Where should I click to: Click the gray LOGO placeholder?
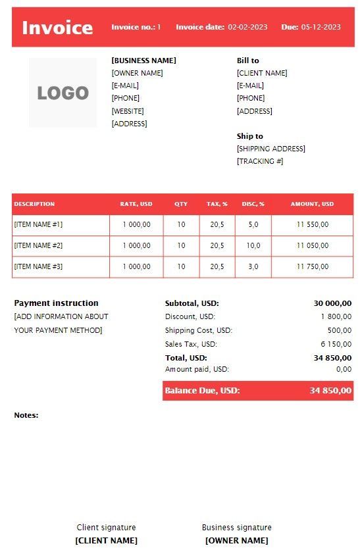tap(63, 93)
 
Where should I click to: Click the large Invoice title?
tap(57, 28)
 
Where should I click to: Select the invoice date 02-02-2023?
tap(247, 27)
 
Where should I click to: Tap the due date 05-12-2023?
tap(321, 27)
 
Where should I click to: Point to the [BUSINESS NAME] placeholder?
tap(143, 61)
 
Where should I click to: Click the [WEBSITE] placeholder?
tap(128, 111)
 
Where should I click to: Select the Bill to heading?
tap(247, 61)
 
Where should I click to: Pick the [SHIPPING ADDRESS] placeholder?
tap(270, 149)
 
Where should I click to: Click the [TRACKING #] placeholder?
tap(259, 161)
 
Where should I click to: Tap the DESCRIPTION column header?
tap(34, 204)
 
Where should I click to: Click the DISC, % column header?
tap(253, 204)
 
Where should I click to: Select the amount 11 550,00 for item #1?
tap(312, 224)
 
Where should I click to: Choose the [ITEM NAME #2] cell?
tap(38, 245)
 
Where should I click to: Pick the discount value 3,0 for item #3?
tap(253, 266)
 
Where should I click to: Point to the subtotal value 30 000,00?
tap(332, 303)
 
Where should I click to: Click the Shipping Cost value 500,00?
tap(339, 330)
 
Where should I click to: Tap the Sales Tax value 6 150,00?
tap(336, 344)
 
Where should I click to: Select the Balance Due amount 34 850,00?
tap(330, 391)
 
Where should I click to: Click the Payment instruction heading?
tap(56, 303)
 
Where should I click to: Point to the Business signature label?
tap(236, 527)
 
